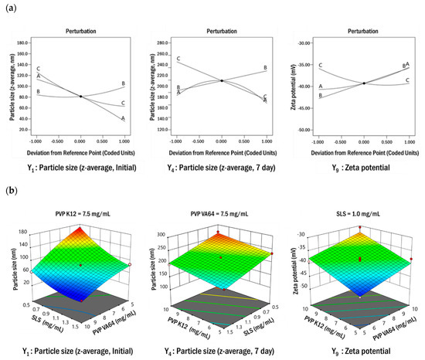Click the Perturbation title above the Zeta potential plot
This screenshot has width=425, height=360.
[363, 32]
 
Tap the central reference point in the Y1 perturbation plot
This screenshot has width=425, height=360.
[80, 96]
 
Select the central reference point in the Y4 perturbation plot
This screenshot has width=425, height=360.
[222, 80]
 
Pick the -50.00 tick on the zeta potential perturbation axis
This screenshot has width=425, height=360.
[303, 130]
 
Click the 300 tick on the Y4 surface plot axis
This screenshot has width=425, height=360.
[164, 231]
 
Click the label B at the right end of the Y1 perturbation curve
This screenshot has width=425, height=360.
[123, 83]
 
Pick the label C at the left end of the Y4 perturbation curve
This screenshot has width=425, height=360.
[178, 59]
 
